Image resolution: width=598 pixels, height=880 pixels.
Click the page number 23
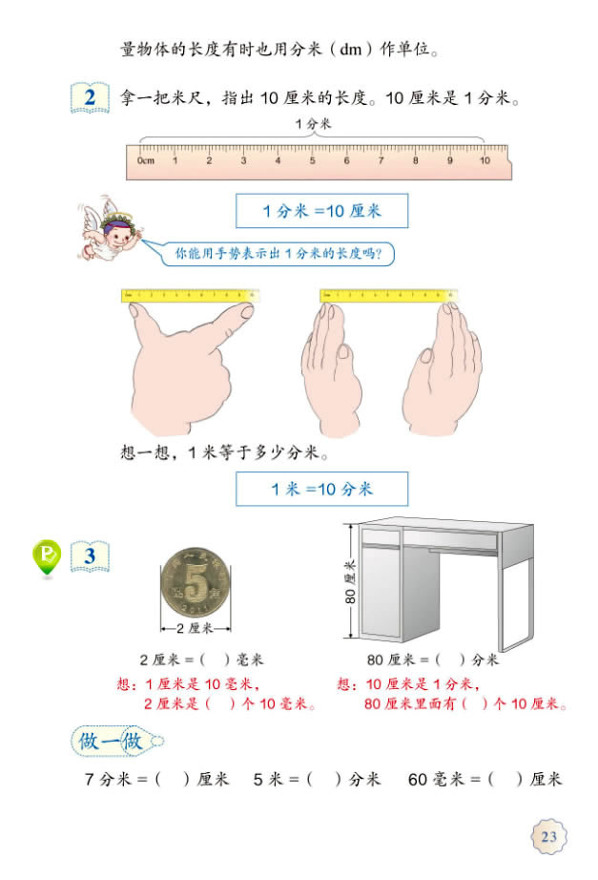click(x=548, y=837)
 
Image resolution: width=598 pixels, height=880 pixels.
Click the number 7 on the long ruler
click(x=381, y=160)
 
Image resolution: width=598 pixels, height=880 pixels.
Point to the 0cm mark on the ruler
click(x=145, y=160)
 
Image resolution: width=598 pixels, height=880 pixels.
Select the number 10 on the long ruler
click(x=484, y=160)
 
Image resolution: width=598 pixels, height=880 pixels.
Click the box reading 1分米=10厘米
click(x=321, y=211)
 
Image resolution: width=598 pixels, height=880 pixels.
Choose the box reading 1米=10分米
click(x=321, y=489)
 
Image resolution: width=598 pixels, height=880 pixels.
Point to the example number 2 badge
click(x=90, y=98)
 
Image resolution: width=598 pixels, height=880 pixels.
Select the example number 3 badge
click(x=90, y=555)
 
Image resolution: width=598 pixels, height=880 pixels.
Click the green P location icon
click(x=47, y=557)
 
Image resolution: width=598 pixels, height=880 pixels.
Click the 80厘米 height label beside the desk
click(x=350, y=583)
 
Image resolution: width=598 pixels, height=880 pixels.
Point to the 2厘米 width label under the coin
click(x=196, y=627)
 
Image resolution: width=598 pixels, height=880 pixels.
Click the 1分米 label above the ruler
click(x=312, y=124)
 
